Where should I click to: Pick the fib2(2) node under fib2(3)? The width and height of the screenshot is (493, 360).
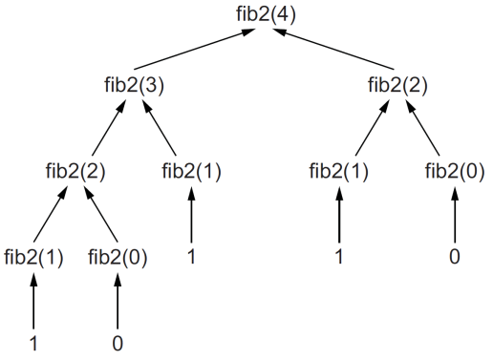75,172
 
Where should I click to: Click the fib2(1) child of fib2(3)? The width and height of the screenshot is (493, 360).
191,172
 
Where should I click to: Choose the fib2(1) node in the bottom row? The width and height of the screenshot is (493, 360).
34,258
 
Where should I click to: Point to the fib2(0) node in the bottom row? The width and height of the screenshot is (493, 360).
118,258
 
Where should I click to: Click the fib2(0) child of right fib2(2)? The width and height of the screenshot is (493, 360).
455,172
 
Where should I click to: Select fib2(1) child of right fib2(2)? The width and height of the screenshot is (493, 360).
338,172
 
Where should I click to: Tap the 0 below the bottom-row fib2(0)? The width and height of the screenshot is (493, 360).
118,342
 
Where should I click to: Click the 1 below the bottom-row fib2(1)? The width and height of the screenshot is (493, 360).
34,342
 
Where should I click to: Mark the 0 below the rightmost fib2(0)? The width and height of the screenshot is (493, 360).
455,256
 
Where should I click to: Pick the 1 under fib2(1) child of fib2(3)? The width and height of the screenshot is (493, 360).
191,256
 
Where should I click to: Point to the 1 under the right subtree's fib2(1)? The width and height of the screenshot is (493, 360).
338,256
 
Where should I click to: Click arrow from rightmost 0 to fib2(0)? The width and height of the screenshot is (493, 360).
455,216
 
